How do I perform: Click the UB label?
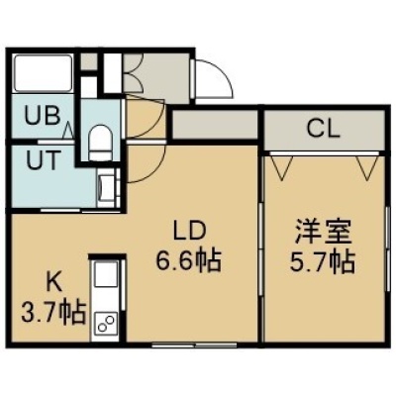[x=44, y=116]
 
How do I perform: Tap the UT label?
[x=44, y=160]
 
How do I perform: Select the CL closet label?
[x=323, y=129]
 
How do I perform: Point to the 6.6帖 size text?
[x=188, y=260]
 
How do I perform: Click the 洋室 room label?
[x=323, y=232]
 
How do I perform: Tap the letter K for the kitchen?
[x=53, y=283]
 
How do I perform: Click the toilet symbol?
[x=99, y=142]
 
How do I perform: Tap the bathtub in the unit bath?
[x=44, y=73]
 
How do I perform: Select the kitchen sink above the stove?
[x=106, y=275]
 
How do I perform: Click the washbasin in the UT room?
[x=105, y=186]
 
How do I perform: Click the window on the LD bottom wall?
[x=195, y=346]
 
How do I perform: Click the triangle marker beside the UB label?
[x=68, y=130]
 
